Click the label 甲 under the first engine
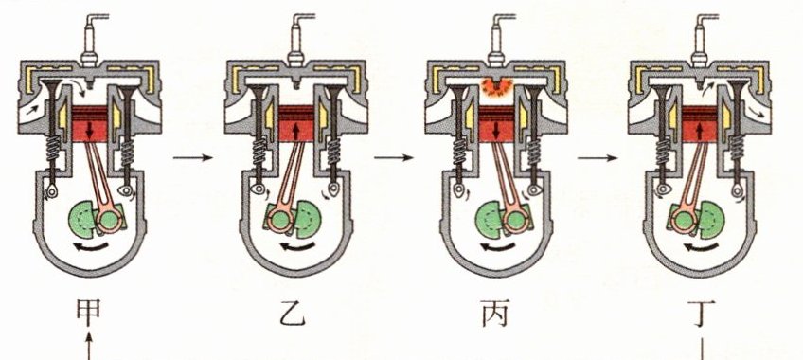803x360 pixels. click(x=88, y=313)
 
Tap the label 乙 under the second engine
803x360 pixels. click(x=293, y=314)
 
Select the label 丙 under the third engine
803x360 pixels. click(x=495, y=314)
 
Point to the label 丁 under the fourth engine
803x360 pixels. click(x=702, y=314)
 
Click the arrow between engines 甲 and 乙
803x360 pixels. click(x=192, y=157)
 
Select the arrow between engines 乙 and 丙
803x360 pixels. click(x=393, y=157)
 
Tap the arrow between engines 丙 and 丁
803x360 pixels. click(x=598, y=157)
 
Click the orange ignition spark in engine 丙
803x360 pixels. click(x=495, y=87)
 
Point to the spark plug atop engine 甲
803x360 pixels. click(x=91, y=40)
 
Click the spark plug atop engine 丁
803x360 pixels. click(x=701, y=40)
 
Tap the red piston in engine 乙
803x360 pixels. click(x=296, y=123)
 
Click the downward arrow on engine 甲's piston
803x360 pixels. click(x=90, y=130)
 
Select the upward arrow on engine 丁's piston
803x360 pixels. click(x=700, y=131)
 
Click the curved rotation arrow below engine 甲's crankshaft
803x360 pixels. click(x=91, y=248)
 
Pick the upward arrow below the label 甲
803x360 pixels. click(x=89, y=346)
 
